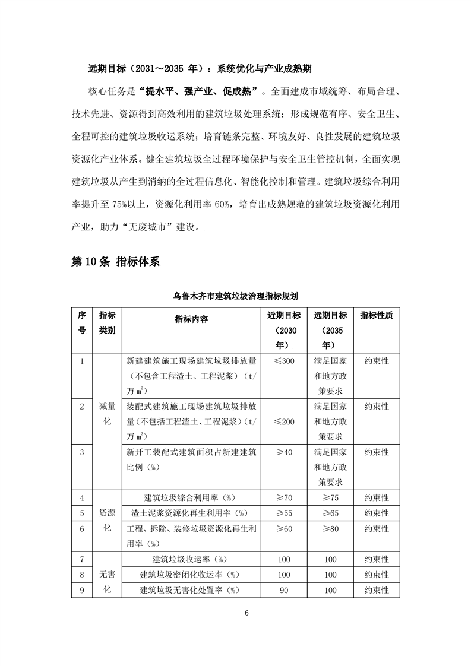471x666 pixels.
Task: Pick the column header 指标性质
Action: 376,315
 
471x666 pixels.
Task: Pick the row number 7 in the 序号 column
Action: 81,559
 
